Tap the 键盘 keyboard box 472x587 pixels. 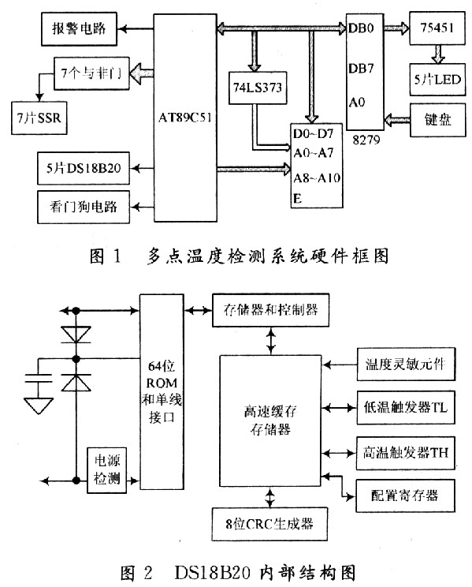click(436, 121)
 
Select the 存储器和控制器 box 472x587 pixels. click(266, 309)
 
